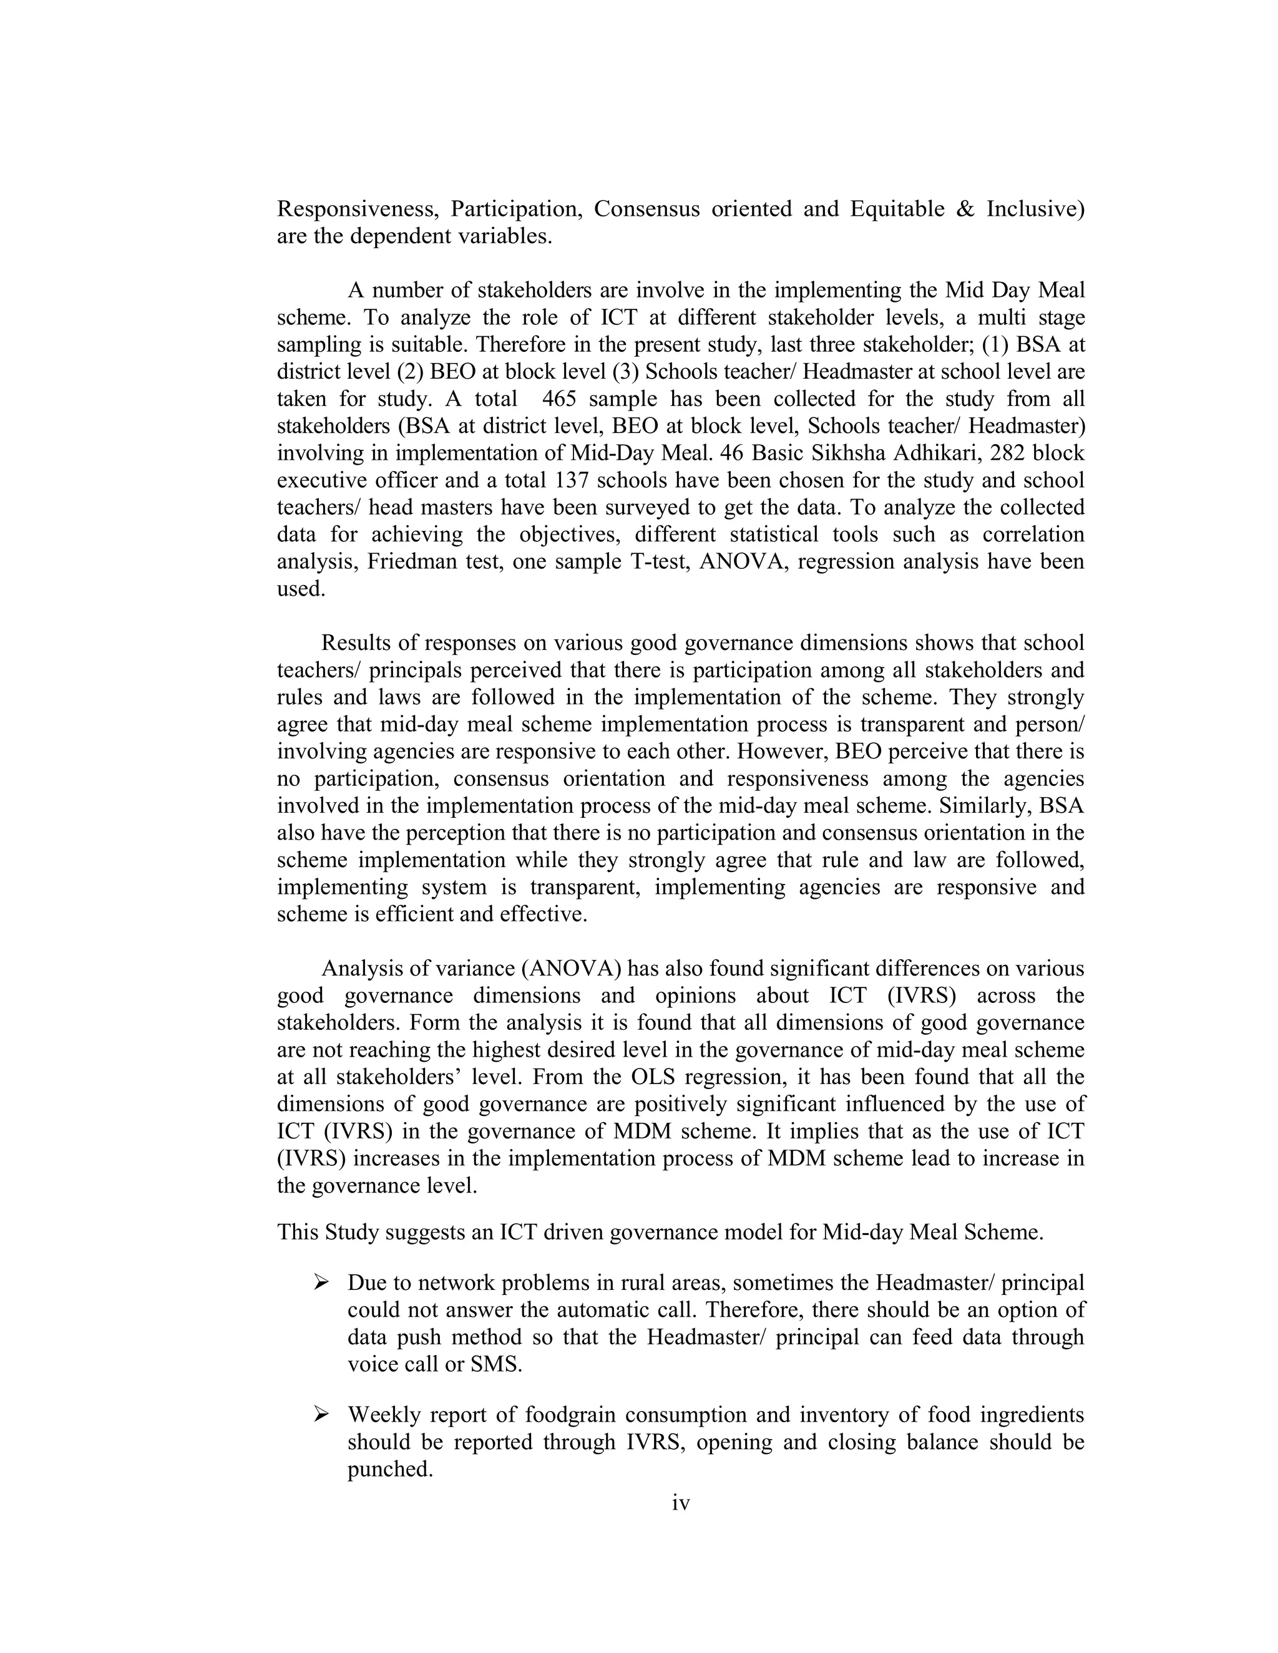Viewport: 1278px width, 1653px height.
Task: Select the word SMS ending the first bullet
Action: [496, 1365]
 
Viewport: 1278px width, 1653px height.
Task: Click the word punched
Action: [389, 1469]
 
